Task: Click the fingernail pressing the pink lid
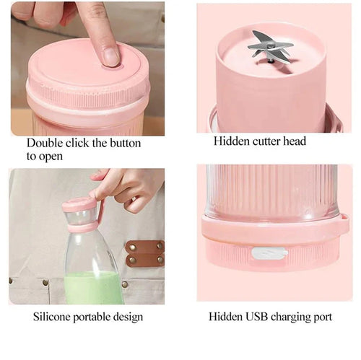tap(110, 56)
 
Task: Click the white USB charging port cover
tap(269, 253)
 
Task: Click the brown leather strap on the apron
tap(144, 253)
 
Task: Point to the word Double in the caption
tap(46, 142)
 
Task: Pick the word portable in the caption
tap(97, 317)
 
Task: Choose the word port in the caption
tap(334, 317)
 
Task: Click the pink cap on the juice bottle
tap(79, 205)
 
